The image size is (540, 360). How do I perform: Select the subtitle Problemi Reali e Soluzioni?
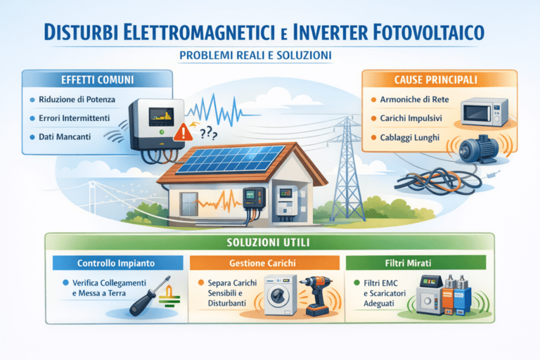[269, 55]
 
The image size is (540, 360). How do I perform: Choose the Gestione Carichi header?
[266, 262]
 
